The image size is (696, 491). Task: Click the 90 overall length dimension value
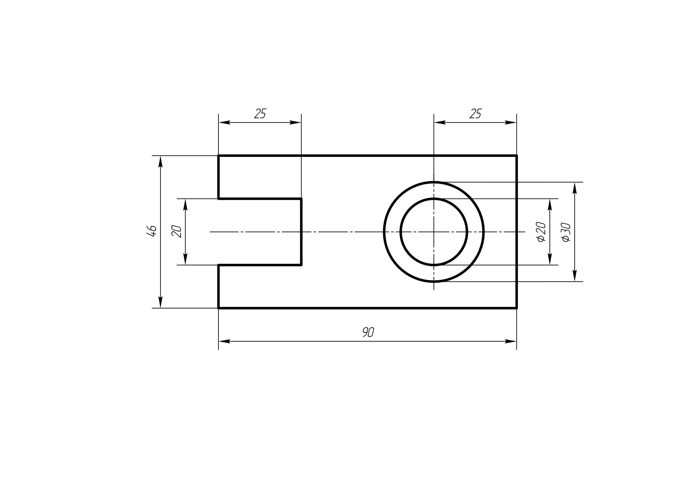click(368, 332)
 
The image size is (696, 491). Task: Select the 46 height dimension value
click(151, 231)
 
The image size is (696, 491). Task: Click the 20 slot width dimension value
click(176, 232)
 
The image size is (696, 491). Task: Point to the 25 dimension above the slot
click(260, 113)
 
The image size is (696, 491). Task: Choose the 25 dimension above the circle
click(475, 113)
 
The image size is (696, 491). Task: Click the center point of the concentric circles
click(434, 232)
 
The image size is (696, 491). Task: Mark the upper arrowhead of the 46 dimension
click(161, 162)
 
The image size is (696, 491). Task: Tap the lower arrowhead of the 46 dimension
click(161, 302)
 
